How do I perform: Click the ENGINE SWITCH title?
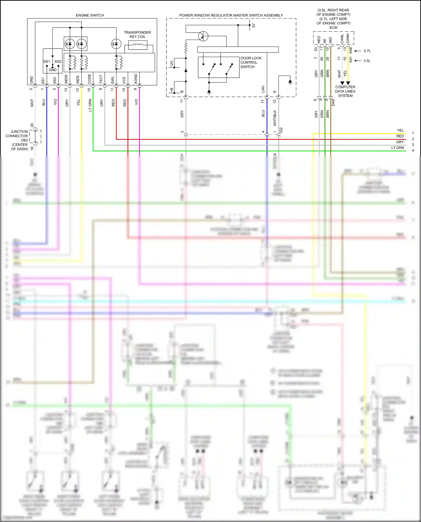click(90, 15)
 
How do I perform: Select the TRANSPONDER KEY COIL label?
click(137, 35)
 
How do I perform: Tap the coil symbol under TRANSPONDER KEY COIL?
click(138, 45)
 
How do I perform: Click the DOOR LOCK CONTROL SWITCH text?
click(251, 62)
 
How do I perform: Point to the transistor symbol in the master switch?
click(203, 36)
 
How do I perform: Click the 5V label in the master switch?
click(253, 26)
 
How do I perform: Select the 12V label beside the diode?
click(171, 63)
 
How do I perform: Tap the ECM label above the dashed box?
click(333, 27)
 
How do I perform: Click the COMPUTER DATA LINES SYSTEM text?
click(345, 91)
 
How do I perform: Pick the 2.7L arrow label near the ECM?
click(367, 51)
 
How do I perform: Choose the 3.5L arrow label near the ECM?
click(367, 61)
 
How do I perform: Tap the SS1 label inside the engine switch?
click(46, 61)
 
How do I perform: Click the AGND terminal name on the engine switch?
click(136, 79)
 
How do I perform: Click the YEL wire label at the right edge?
click(400, 130)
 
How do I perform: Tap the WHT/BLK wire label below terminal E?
click(275, 118)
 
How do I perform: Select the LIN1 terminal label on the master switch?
click(263, 89)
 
